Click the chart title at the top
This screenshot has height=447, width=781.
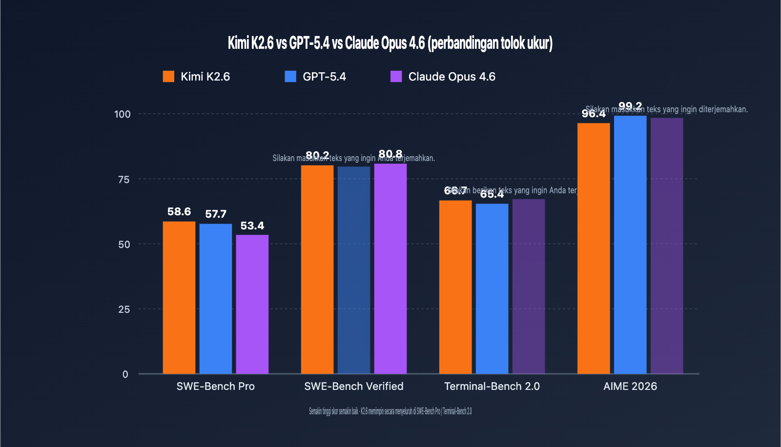(390, 43)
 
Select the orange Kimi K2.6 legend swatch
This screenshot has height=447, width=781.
(168, 77)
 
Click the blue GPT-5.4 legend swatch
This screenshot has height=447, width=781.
(290, 77)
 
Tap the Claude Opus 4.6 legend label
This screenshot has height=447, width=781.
(452, 77)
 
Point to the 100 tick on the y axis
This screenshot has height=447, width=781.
(123, 114)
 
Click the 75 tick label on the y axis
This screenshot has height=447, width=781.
(124, 180)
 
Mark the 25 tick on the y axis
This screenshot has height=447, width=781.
(124, 309)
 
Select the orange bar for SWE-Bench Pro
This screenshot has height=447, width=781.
(179, 298)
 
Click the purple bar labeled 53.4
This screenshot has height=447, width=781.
(252, 305)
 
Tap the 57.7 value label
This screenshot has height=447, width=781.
(215, 214)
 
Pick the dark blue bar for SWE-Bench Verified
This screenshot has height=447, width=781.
(353, 270)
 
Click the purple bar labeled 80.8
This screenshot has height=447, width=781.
(390, 269)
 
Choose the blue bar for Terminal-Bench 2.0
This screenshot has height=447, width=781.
(492, 289)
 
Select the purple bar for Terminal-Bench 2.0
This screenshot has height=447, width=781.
(528, 286)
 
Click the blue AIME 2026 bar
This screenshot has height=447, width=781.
(630, 244)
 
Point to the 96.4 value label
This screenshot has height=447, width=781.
(593, 114)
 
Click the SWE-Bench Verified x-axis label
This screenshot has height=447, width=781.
(353, 386)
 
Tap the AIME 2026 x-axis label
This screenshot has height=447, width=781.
(630, 386)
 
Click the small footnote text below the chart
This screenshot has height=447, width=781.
(390, 411)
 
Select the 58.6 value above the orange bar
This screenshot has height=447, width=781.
(179, 212)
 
